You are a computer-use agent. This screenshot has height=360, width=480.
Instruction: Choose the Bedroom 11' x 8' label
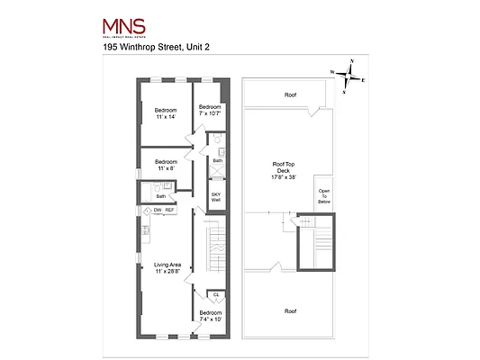coord(166,165)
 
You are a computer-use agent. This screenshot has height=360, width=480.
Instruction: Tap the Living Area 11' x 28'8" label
coord(167,267)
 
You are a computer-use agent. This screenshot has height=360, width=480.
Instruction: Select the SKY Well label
coord(216,196)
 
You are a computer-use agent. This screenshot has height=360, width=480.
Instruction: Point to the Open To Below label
coord(323,196)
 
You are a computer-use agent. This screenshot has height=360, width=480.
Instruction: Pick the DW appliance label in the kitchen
coord(157,210)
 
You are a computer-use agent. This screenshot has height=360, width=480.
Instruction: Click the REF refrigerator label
coord(169,210)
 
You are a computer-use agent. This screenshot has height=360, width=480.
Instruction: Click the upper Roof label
coord(290,94)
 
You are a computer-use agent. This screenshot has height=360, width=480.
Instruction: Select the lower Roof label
coord(290,311)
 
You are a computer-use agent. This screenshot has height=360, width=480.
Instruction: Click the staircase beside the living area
coord(215,250)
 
